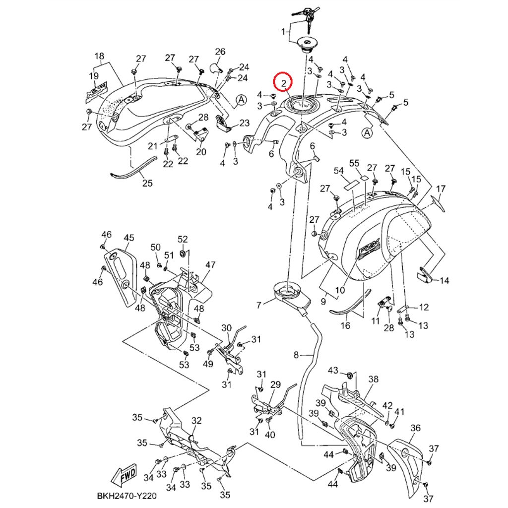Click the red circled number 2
[x=284, y=83]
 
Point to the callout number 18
[x=99, y=56]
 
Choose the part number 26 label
[x=220, y=52]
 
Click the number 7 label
[x=258, y=305]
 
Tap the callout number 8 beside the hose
[x=297, y=355]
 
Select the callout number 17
[x=441, y=189]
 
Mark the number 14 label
[x=444, y=281]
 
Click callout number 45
[x=129, y=238]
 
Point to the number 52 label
[x=183, y=239]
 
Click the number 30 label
[x=226, y=328]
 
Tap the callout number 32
[x=196, y=421]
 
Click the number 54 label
[x=338, y=171]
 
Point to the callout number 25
[x=147, y=183]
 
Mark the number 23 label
[x=245, y=123]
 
